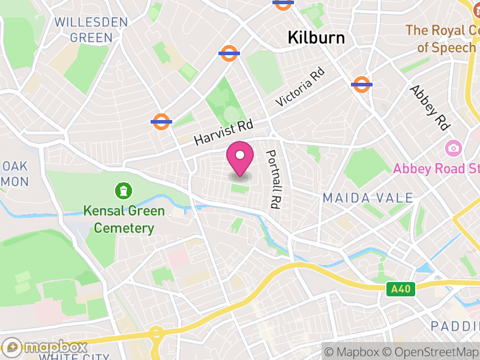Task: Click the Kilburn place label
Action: coord(316,38)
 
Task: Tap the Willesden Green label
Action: coord(91,30)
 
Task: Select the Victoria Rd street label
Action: coord(300,88)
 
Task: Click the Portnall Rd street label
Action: coord(274,179)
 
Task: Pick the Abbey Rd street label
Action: coord(430,107)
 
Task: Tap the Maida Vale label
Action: coord(367,198)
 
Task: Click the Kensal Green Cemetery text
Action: coord(124,220)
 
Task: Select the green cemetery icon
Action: coord(124,191)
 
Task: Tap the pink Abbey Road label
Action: coord(436,169)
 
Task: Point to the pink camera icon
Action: coord(453,148)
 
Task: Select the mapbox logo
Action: coord(45,347)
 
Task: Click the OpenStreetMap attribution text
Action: coord(430,352)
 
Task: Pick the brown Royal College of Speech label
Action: coord(442,38)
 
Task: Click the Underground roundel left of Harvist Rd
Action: coord(161,121)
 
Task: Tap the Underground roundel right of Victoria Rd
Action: coord(361,85)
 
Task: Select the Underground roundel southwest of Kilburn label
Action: coord(230,53)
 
